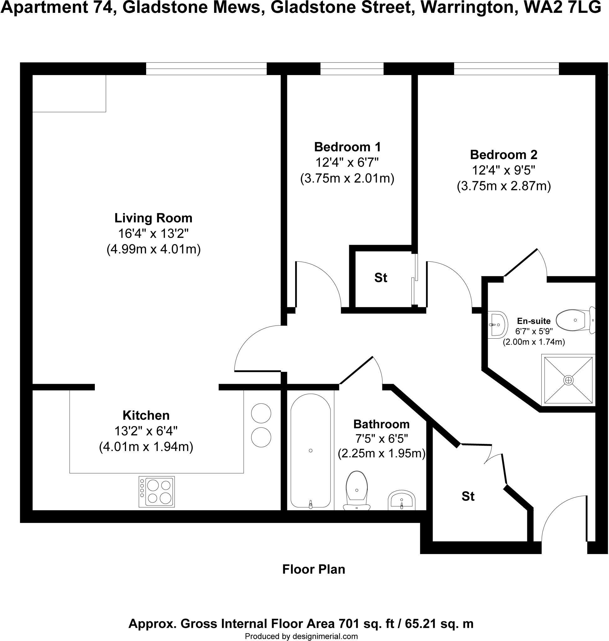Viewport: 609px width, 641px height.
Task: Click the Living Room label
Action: (153, 218)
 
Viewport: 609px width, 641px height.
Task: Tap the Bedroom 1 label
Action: (347, 147)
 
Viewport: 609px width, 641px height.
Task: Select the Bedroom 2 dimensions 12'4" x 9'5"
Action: (504, 170)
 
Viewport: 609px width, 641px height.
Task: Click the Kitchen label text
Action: (146, 415)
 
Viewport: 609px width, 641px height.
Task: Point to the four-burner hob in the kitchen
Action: (156, 492)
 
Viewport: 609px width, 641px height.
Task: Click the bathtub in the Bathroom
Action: (311, 451)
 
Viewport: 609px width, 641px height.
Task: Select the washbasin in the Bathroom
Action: (402, 500)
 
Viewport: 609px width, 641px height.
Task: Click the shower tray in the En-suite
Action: (568, 380)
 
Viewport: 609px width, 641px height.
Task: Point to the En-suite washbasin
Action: (497, 324)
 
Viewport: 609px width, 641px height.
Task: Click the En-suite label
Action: (534, 321)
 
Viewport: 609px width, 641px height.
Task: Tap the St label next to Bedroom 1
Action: (381, 278)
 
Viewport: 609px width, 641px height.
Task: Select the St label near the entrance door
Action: (468, 496)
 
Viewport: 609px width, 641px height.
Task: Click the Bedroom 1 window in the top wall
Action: (352, 69)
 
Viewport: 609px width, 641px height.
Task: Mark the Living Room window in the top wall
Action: (206, 69)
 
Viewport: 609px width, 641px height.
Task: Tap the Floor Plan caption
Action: (314, 569)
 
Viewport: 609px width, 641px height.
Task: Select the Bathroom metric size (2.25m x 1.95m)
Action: (381, 453)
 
